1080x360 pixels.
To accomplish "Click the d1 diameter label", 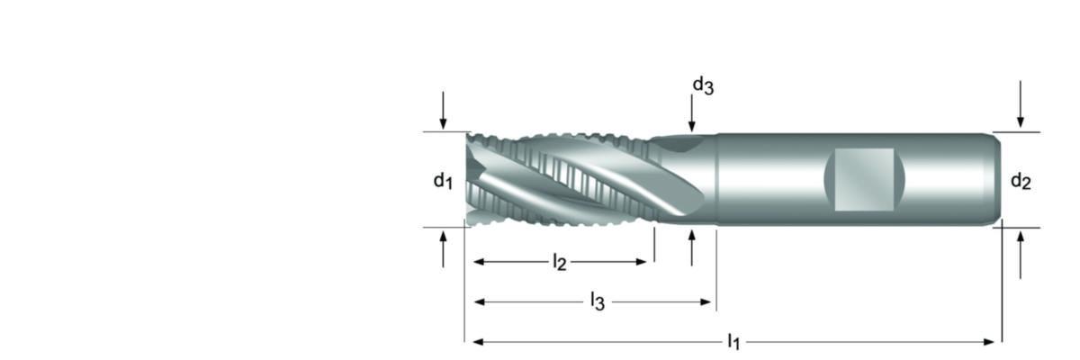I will [x=441, y=181].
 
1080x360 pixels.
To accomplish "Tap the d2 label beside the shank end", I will [x=1020, y=182].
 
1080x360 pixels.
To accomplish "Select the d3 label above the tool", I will [x=703, y=85].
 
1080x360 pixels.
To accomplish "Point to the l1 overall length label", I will [x=733, y=342].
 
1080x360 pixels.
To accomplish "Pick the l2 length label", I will [x=559, y=263].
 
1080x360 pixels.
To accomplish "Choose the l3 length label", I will [x=597, y=301].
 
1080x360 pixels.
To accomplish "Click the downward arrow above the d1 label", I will [x=443, y=112].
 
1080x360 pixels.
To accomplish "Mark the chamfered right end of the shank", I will [x=996, y=179].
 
